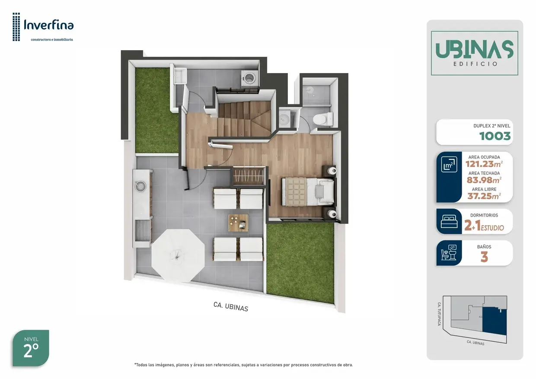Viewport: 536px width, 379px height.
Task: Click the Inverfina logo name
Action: [49, 25]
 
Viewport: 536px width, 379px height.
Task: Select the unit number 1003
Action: [495, 136]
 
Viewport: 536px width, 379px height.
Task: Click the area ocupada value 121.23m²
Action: [484, 164]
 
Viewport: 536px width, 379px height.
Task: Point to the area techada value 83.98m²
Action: [484, 180]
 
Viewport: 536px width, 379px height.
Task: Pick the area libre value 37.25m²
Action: [484, 196]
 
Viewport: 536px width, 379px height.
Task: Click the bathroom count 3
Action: [484, 257]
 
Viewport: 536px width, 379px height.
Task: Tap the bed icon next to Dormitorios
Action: [449, 221]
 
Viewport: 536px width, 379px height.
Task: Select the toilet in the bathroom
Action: [323, 119]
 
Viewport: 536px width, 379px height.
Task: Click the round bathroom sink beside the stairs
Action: [284, 118]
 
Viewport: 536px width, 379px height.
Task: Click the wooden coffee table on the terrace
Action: [238, 223]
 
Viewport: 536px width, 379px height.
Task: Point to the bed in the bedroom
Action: [308, 191]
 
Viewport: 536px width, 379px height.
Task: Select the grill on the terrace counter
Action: [142, 231]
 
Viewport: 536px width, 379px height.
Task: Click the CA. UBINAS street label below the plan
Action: [231, 306]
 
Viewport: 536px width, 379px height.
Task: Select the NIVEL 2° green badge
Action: [31, 348]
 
